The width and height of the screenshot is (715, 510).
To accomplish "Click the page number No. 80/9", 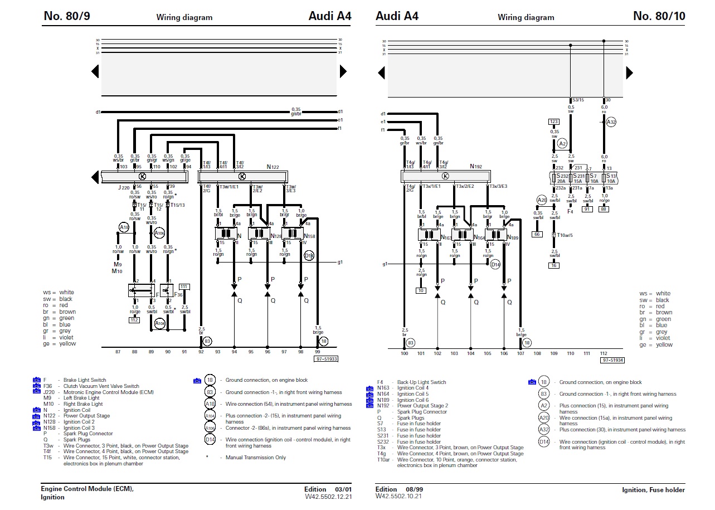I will (66, 16).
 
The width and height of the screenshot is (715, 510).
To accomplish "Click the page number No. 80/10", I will (659, 16).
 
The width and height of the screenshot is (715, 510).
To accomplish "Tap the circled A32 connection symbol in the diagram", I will (611, 122).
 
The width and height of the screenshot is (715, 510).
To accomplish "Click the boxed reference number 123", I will (553, 121).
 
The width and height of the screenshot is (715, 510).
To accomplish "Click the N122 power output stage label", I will (273, 167).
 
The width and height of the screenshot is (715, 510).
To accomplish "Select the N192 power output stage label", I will (475, 166).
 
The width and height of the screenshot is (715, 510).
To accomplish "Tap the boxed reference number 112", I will (134, 320).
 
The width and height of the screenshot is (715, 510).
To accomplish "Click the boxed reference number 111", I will (184, 286).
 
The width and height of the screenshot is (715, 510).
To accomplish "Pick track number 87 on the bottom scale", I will (118, 352).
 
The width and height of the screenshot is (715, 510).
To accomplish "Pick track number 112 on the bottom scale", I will (603, 353).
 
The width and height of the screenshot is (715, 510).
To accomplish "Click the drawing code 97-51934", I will (612, 360).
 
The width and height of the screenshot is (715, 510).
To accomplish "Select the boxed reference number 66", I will (537, 234).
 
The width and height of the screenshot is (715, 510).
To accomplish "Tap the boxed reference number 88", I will (604, 209).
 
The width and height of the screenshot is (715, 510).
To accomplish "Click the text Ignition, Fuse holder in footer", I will (653, 490).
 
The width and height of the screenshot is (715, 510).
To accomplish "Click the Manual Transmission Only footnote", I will (256, 458).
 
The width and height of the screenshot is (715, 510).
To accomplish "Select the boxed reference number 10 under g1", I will (421, 290).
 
